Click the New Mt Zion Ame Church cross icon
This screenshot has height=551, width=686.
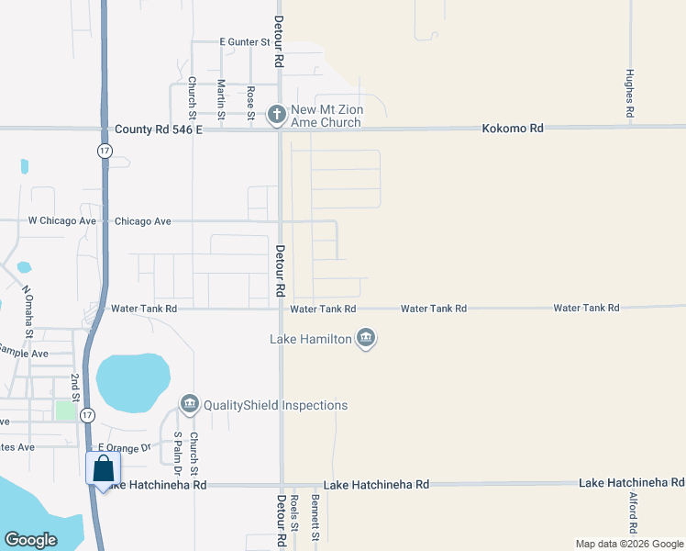point(276,115)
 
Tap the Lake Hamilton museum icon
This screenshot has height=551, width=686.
point(366,339)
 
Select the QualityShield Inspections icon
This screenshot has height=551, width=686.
point(190,404)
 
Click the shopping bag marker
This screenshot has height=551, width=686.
point(102,468)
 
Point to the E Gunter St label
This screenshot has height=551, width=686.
point(243,41)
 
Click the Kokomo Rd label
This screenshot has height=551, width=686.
point(513,129)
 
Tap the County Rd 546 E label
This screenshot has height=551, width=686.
point(159,130)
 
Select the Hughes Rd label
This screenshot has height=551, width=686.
point(630,93)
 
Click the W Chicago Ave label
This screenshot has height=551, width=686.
point(62,221)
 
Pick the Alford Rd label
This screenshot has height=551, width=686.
point(633,513)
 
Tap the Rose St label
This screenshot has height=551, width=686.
point(250,102)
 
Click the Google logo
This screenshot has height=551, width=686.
point(30,540)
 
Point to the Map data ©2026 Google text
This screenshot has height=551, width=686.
point(628,544)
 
